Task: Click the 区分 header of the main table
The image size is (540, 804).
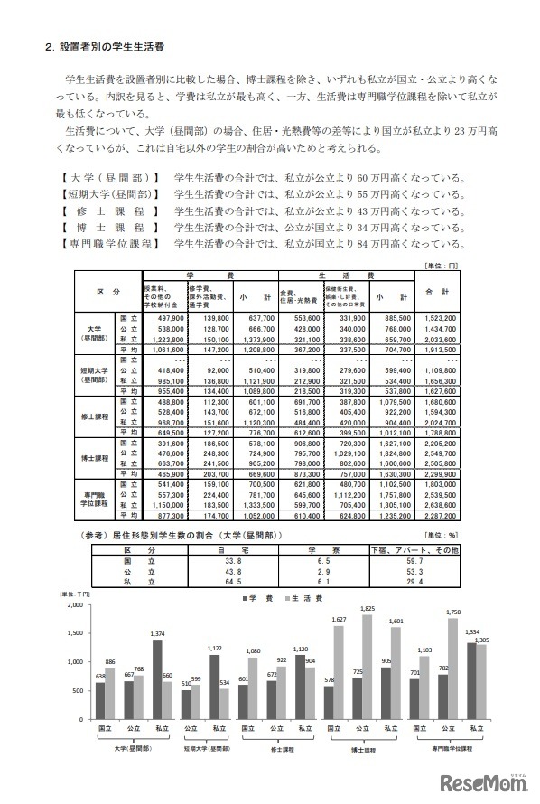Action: click(x=108, y=293)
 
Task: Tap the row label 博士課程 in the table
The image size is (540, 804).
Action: click(x=97, y=458)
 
